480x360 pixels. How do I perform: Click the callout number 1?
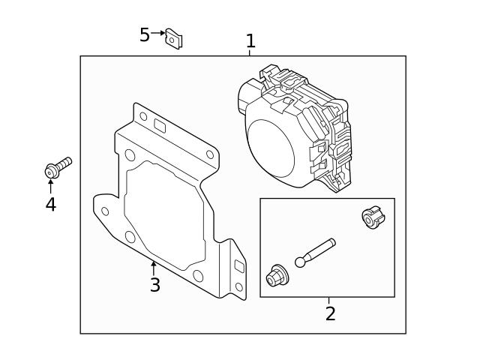pyautogui.click(x=250, y=41)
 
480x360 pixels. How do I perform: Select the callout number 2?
pyautogui.click(x=330, y=313)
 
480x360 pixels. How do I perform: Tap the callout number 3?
pyautogui.click(x=155, y=285)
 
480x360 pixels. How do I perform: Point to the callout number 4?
pyautogui.click(x=51, y=204)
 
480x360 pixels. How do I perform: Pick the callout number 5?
pyautogui.click(x=145, y=34)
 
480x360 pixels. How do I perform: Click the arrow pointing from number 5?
pyautogui.click(x=158, y=33)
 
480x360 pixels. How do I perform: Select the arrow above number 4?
pyautogui.click(x=50, y=186)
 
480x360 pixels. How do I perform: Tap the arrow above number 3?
pyautogui.click(x=154, y=268)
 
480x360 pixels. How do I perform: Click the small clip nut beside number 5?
pyautogui.click(x=174, y=38)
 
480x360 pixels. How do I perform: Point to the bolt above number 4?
pyautogui.click(x=58, y=167)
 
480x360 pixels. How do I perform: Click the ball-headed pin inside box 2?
pyautogui.click(x=315, y=253)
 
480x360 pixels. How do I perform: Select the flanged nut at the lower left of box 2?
pyautogui.click(x=277, y=275)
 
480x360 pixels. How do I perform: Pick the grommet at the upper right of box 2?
pyautogui.click(x=373, y=217)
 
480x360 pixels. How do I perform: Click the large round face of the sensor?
pyautogui.click(x=271, y=148)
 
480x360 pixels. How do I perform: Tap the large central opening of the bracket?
pyautogui.click(x=164, y=215)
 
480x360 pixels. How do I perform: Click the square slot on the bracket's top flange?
pyautogui.click(x=160, y=126)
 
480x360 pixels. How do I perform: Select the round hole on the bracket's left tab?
pyautogui.click(x=105, y=211)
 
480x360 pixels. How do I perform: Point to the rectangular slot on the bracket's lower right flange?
pyautogui.click(x=238, y=266)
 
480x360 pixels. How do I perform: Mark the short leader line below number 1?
pyautogui.click(x=250, y=53)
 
